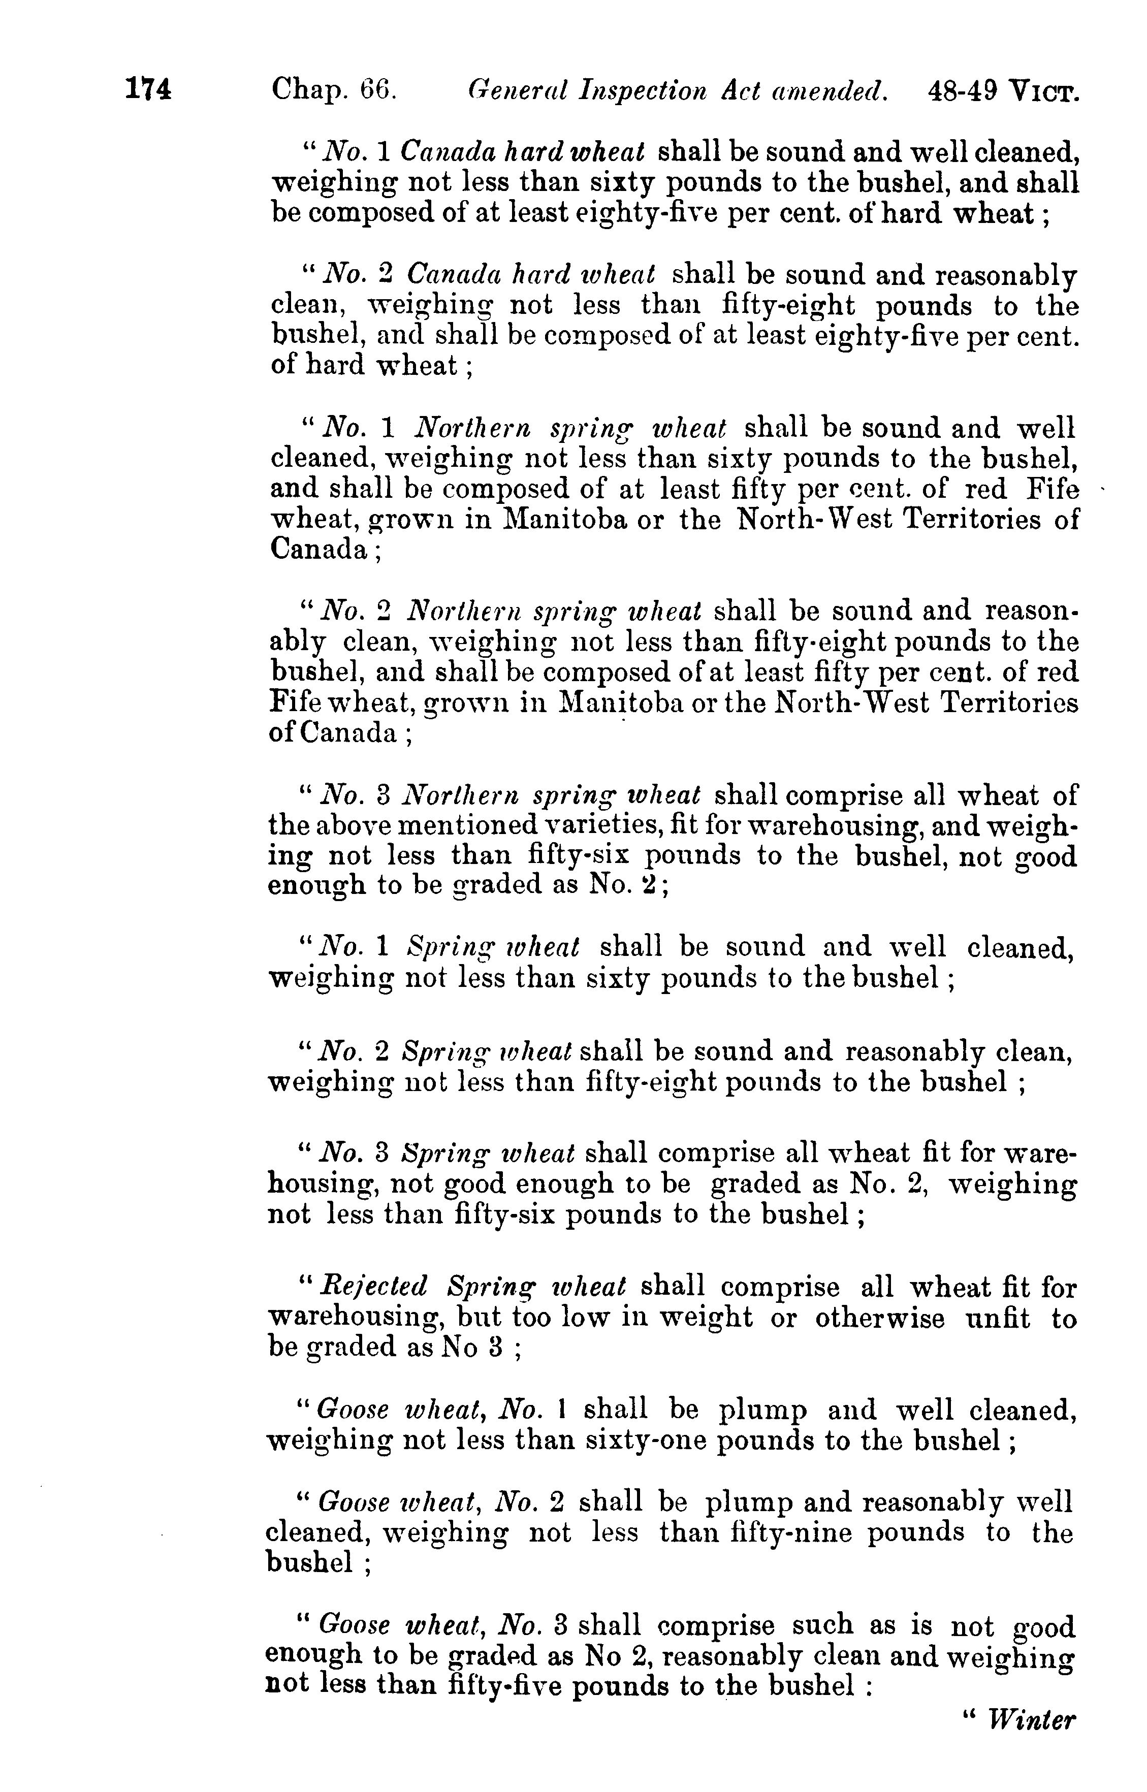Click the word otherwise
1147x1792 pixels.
click(879, 1318)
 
